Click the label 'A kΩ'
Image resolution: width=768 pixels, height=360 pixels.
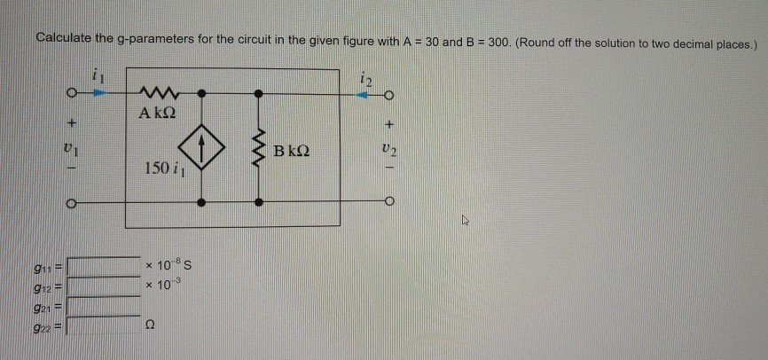tap(156, 113)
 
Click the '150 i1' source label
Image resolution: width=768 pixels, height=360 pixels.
tap(160, 168)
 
